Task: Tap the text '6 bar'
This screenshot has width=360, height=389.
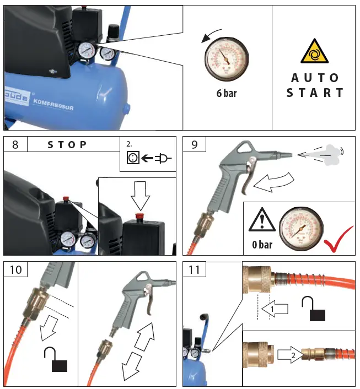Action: [226, 93]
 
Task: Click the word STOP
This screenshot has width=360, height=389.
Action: [67, 145]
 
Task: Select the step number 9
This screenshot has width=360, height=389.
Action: [194, 144]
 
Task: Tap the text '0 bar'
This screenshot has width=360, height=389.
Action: [262, 245]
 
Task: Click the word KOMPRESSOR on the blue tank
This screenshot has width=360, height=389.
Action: [54, 105]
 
